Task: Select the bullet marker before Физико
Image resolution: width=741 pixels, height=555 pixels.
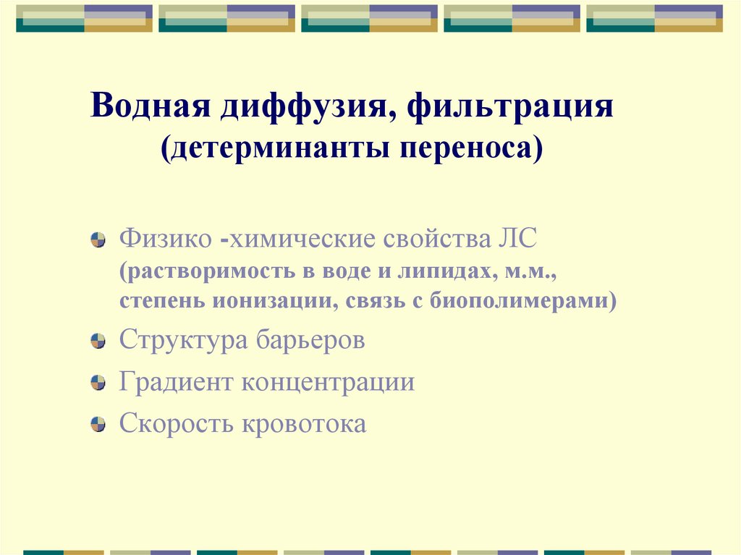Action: click(x=97, y=240)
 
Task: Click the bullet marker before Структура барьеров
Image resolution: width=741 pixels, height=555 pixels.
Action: click(x=97, y=342)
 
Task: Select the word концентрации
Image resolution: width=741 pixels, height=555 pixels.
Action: click(x=328, y=381)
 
